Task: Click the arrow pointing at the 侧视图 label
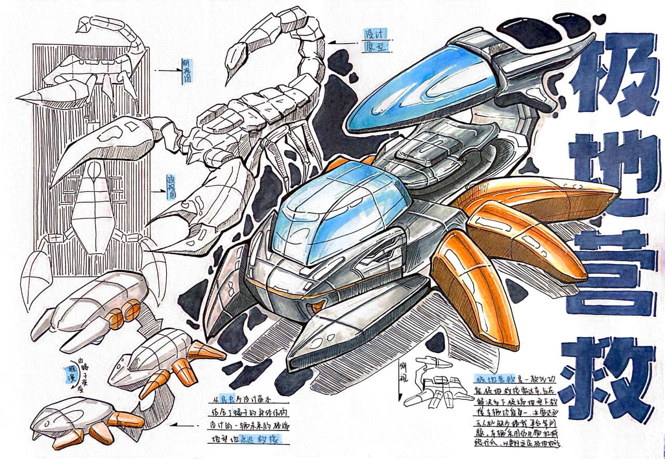(169, 71)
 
